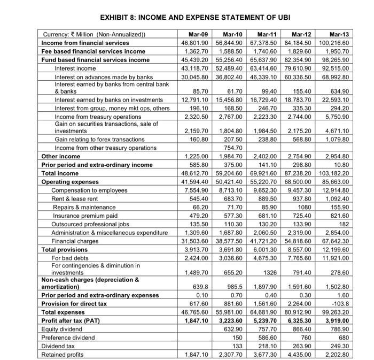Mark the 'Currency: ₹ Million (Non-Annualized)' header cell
94,35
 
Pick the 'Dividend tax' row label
59,346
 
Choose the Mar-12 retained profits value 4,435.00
305,354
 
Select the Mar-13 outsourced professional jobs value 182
344,224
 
